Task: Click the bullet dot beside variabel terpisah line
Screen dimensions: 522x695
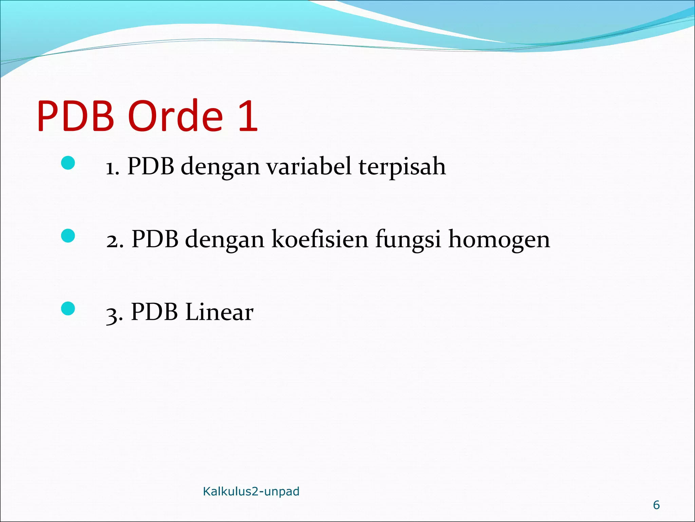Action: tap(68, 163)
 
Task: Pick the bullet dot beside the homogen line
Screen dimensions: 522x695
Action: tap(68, 236)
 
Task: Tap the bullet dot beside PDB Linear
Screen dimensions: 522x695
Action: tap(68, 309)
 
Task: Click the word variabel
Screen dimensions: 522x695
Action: tap(308, 167)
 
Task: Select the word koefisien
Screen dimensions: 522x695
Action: tap(320, 239)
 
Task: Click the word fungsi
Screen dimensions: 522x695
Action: tap(408, 240)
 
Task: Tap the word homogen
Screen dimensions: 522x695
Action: tap(499, 240)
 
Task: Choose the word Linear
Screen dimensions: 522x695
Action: tap(219, 312)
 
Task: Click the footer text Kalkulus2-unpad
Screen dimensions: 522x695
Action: tap(251, 491)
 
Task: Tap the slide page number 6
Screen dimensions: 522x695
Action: tap(656, 505)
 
